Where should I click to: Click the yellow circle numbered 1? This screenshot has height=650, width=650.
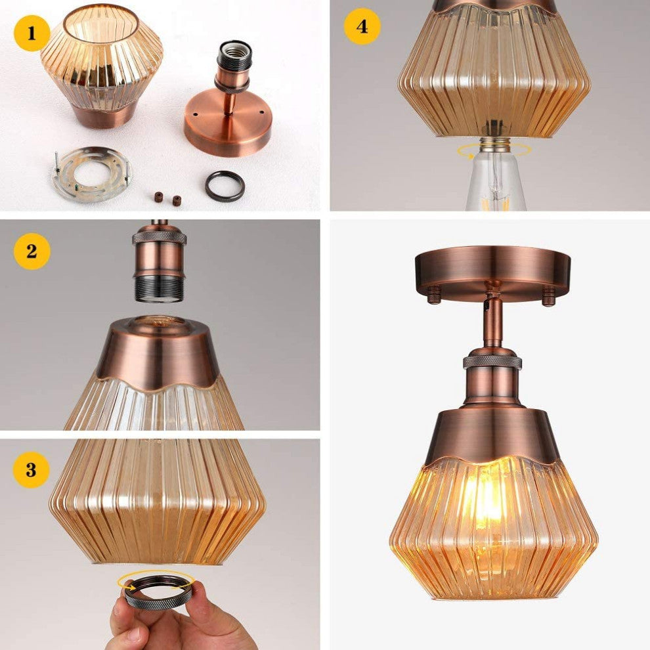[x=32, y=33]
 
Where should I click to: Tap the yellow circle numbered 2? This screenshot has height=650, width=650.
[x=32, y=251]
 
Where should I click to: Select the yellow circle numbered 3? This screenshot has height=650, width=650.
[x=31, y=469]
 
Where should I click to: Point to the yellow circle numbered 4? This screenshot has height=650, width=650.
[x=362, y=26]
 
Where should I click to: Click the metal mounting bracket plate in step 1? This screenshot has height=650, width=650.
[x=92, y=174]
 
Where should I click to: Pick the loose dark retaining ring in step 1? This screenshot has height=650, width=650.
[x=225, y=186]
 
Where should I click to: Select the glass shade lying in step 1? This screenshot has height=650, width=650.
[x=101, y=64]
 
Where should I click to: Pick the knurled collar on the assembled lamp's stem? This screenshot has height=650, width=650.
[x=492, y=361]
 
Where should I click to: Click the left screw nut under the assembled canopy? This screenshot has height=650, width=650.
[x=433, y=294]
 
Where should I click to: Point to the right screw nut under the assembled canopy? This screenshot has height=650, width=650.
[x=548, y=296]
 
